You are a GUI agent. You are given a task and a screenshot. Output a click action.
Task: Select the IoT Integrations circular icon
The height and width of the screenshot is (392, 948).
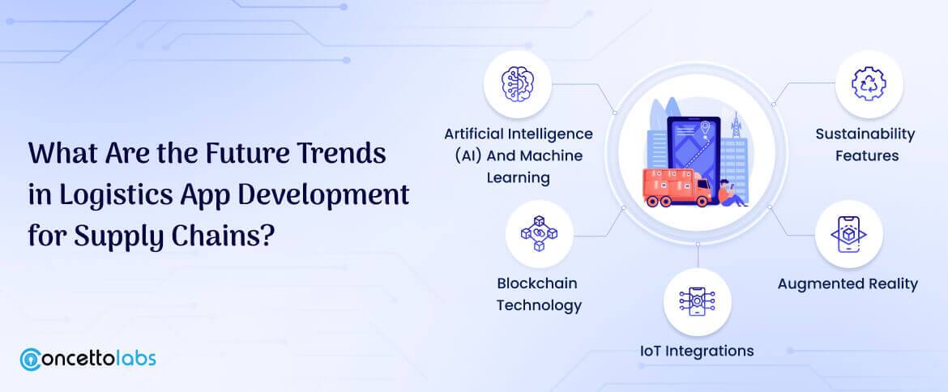point(697,302)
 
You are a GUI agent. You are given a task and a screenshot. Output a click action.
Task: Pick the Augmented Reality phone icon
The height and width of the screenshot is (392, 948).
point(848,234)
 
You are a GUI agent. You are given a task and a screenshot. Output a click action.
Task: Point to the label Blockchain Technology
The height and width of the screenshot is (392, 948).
point(539,294)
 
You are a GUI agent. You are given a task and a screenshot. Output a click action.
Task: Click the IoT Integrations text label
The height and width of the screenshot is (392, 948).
point(697,351)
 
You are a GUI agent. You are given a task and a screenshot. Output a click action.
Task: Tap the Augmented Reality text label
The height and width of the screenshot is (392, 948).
point(848,283)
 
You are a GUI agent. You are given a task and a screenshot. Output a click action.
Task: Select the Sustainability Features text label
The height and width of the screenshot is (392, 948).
point(865,144)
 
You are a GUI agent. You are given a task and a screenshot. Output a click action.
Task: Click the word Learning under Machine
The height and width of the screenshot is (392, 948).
point(519,177)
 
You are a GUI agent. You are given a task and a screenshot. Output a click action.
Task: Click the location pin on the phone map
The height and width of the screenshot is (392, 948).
point(707,128)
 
